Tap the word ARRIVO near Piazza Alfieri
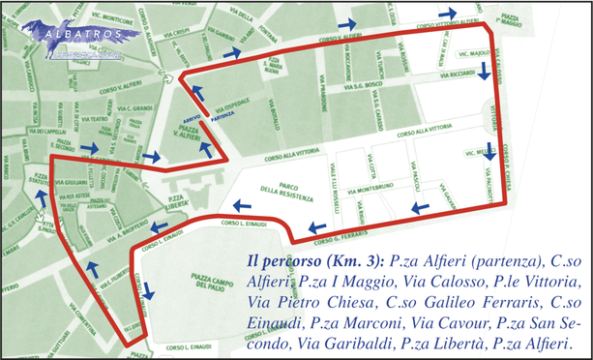click(x=192, y=114)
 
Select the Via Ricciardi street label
click(x=456, y=74)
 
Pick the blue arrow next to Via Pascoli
click(x=418, y=208)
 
